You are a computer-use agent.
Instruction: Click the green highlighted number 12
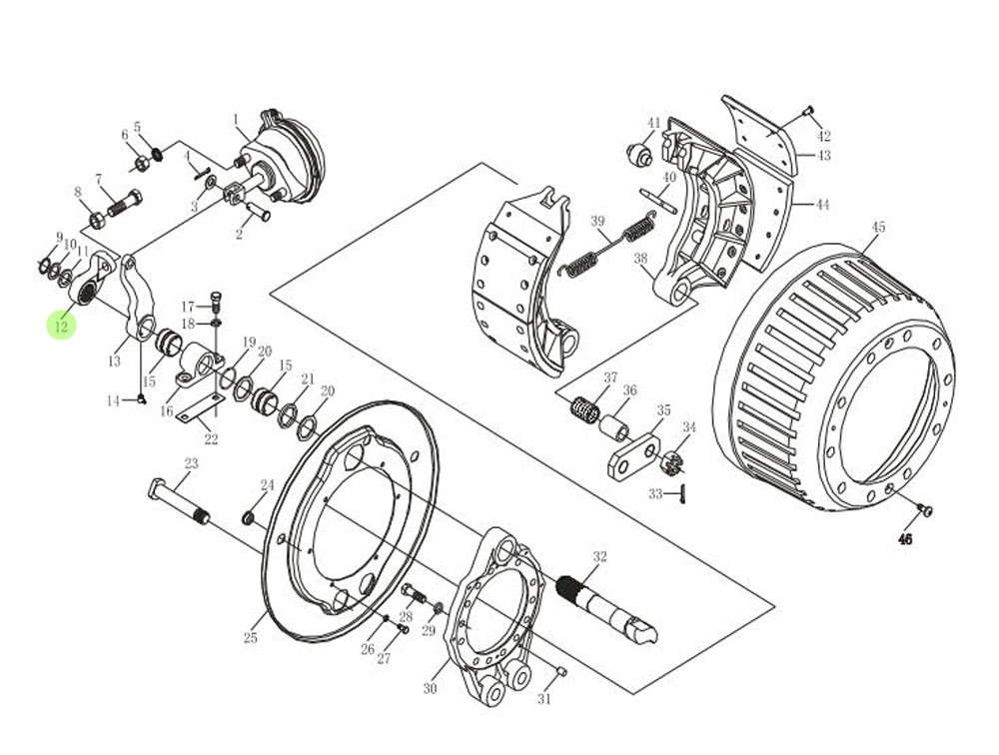coord(62,326)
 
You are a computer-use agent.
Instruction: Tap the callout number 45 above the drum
coord(878,227)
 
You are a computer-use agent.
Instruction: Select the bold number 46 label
coord(905,539)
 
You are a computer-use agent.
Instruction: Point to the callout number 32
coord(599,556)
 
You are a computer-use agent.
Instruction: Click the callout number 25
coord(250,638)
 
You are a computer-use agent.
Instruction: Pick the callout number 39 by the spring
coord(598,222)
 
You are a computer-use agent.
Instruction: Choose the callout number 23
coord(191,463)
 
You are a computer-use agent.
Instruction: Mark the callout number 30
coord(431,689)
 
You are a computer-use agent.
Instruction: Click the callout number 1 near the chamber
coord(236,120)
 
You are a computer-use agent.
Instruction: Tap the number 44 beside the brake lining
coord(822,205)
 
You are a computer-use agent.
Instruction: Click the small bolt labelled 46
coord(924,510)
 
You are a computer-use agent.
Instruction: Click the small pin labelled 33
coord(682,493)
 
